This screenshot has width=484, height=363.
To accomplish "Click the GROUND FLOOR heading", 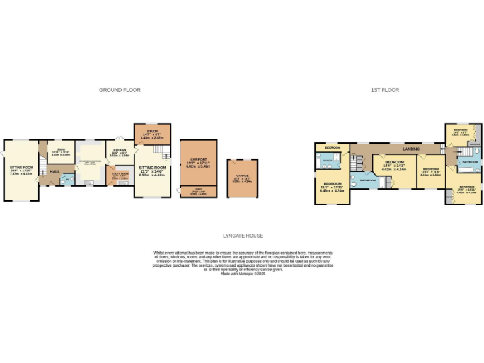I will tap(120, 90).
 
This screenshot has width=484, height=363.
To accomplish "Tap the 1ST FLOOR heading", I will tap(384, 90).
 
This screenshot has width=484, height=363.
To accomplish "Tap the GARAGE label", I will tap(242, 176).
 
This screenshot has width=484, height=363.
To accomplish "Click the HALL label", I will tap(55, 171).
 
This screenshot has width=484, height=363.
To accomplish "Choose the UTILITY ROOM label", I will tap(120, 173).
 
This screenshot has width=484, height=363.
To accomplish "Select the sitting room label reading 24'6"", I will tap(21, 168).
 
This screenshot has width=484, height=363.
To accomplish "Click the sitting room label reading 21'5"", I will tap(151, 168).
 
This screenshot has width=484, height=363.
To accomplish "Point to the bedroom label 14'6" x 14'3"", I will tap(395, 163).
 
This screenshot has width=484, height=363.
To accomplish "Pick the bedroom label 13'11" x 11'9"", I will tap(431, 170).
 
